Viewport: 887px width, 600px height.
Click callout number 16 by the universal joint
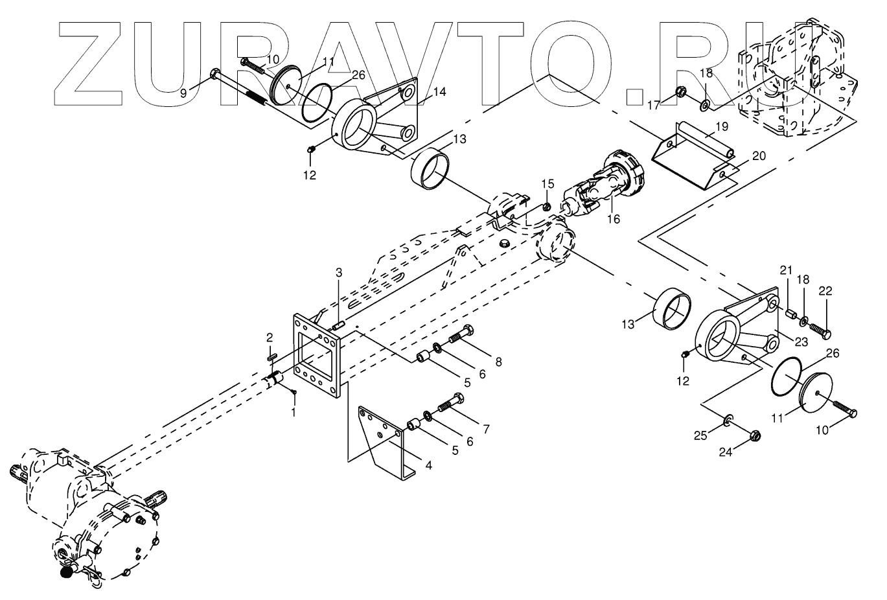tap(613, 219)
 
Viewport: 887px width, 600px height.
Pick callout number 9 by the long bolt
tap(183, 93)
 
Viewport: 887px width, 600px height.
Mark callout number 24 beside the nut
tap(725, 452)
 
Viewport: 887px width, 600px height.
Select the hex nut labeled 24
tap(755, 436)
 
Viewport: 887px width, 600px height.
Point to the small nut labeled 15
tap(546, 207)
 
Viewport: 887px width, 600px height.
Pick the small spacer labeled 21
tap(790, 315)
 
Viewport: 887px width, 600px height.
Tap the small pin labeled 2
tap(272, 355)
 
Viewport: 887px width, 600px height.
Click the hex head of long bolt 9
tap(215, 75)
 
